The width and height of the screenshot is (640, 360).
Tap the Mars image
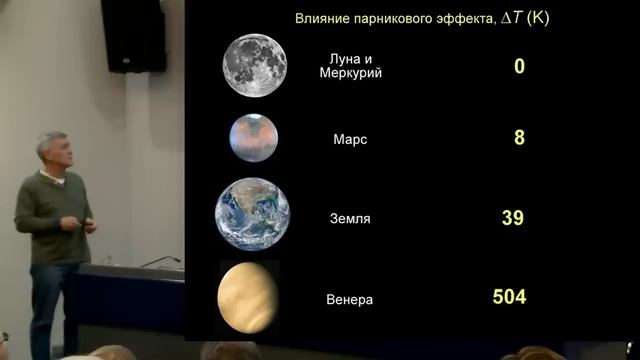253,137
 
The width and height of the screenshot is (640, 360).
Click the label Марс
350,140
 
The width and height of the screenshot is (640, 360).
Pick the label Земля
351,218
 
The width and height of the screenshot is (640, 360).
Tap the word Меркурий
350,74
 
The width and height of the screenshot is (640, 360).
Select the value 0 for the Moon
519,66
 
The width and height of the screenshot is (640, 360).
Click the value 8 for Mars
519,137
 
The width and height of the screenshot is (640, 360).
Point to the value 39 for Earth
513,216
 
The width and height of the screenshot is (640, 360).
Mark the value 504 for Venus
509,296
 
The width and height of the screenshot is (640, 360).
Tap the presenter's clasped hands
85,222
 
